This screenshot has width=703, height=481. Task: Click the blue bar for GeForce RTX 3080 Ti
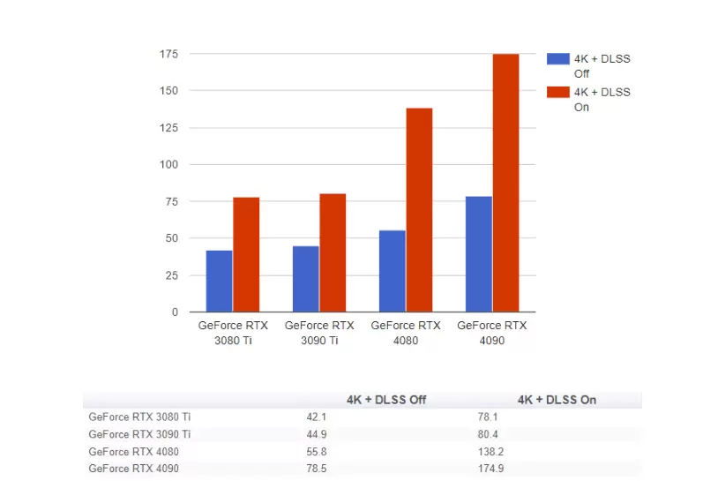220,281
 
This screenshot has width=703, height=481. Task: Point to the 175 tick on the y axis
168,54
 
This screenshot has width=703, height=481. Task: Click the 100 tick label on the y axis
168,164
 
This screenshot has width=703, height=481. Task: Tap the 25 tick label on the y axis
171,275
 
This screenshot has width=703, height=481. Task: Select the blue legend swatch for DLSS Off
557,59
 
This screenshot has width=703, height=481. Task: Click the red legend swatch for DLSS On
557,92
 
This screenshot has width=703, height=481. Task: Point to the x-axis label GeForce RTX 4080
406,333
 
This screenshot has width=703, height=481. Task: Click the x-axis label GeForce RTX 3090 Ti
319,333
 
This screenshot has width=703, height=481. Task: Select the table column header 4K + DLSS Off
386,400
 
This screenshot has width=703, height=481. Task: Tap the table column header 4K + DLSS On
557,400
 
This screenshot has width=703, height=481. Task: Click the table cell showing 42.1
316,417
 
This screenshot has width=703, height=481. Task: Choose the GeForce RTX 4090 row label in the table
134,468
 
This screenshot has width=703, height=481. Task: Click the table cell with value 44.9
316,433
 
